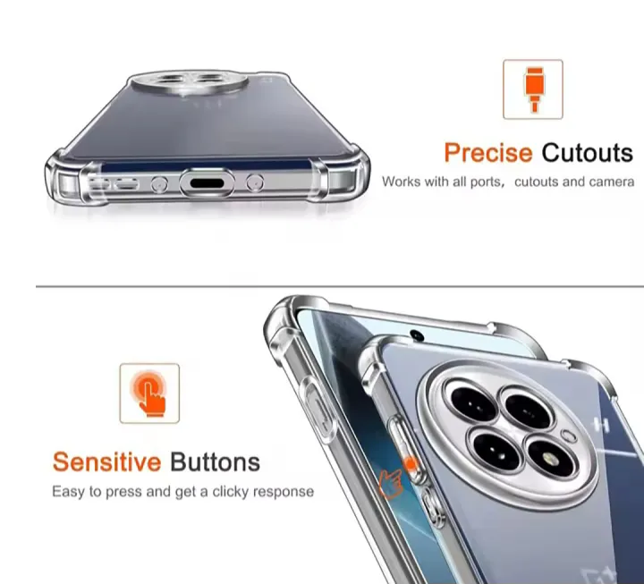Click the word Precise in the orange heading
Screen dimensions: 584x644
point(488,152)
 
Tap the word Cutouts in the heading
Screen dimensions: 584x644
point(587,152)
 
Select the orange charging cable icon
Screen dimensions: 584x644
point(532,89)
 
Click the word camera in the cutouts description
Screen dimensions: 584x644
point(612,182)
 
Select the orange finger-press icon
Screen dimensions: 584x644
point(149,393)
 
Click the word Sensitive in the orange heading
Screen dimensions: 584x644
point(106,462)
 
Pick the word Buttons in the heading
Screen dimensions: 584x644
point(215,462)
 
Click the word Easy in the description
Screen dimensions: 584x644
point(68,491)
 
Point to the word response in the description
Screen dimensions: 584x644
point(284,491)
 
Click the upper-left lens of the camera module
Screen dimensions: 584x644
point(466,401)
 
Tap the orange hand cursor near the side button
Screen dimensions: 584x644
point(390,483)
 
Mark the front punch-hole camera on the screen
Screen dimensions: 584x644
point(416,337)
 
